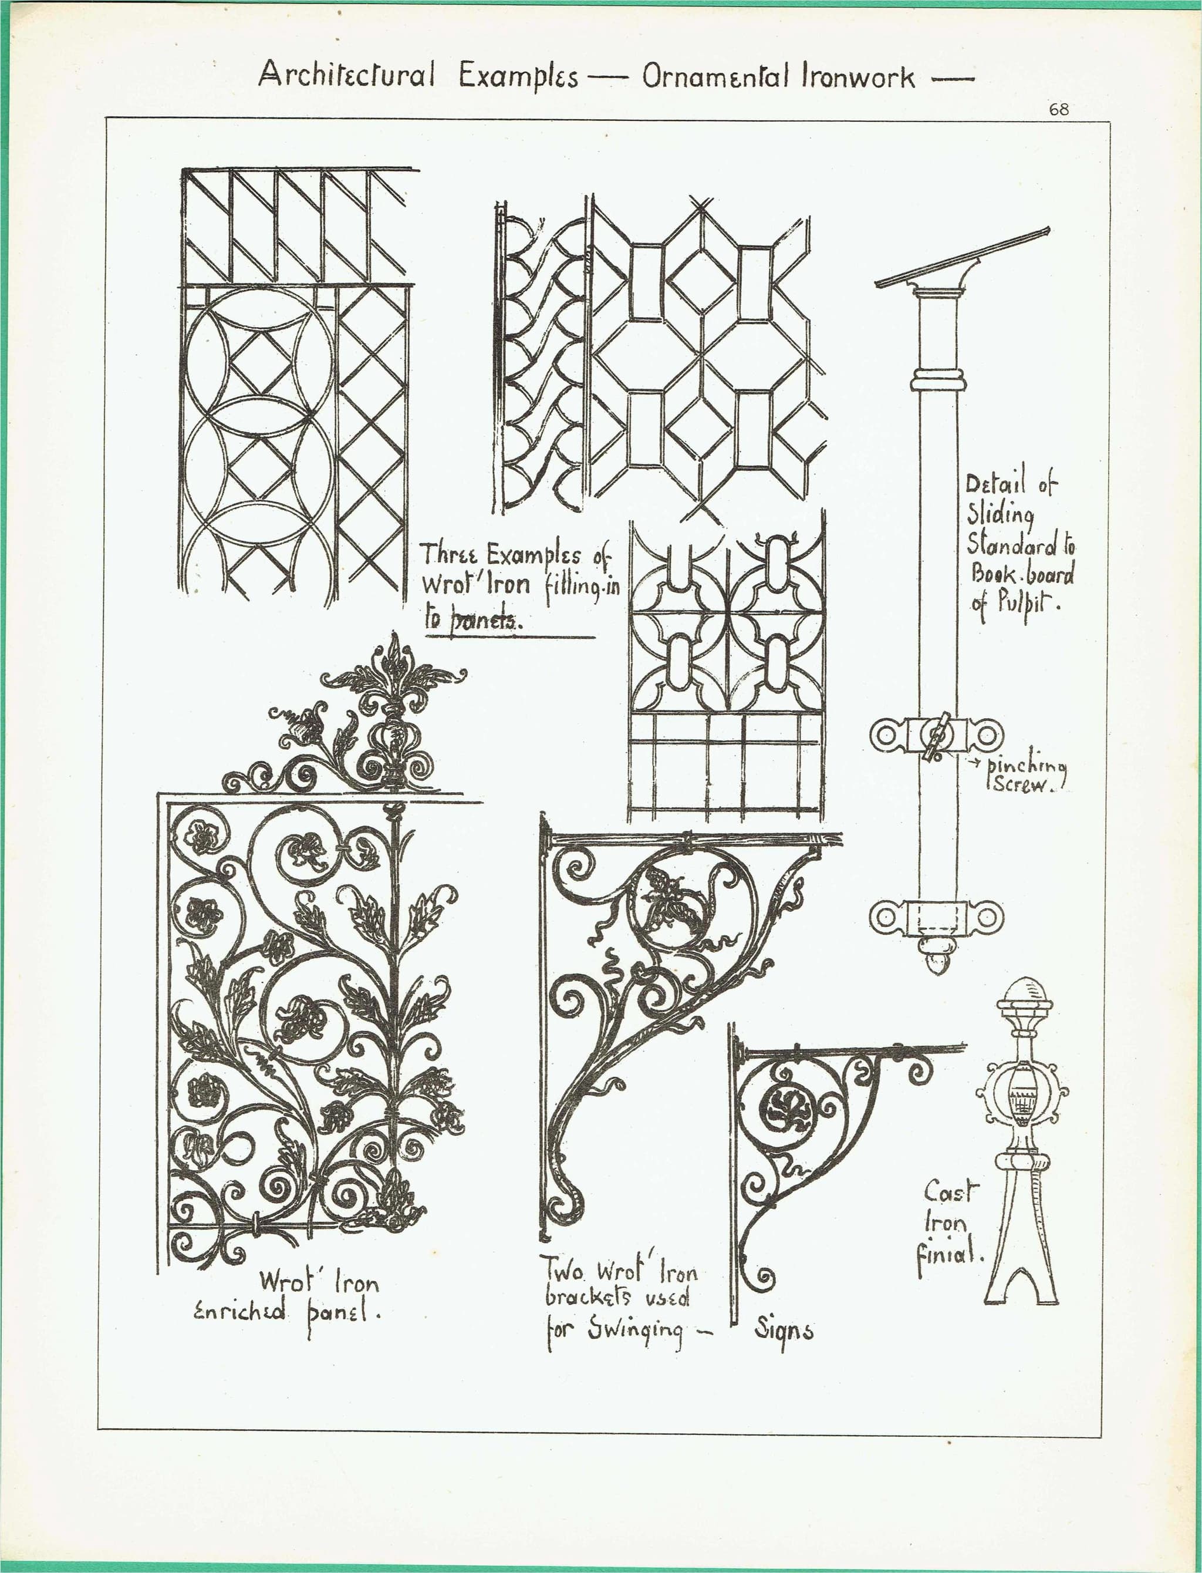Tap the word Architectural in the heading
[x=346, y=75]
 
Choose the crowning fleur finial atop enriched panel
[x=393, y=673]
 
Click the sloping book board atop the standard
[x=963, y=258]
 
